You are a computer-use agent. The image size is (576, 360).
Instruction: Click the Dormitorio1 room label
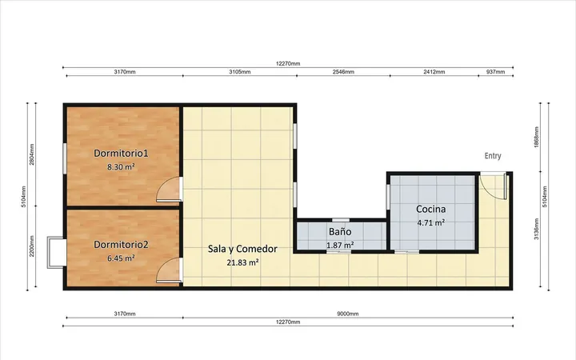tap(121, 153)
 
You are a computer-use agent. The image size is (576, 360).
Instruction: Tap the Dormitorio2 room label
tap(121, 244)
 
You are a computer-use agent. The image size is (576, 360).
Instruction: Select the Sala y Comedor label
tap(242, 249)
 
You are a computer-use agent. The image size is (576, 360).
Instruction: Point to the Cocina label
tap(431, 209)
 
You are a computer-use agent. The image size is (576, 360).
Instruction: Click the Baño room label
tap(340, 232)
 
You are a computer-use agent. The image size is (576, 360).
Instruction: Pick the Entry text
tap(493, 156)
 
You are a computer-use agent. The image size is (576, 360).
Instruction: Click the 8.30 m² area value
tap(121, 166)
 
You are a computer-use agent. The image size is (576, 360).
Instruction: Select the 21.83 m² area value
tap(242, 262)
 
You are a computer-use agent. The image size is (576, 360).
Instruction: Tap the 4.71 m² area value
tap(431, 222)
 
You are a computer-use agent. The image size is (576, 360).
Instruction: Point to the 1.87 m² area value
tap(340, 245)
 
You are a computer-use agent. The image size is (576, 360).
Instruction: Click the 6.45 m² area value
tap(121, 258)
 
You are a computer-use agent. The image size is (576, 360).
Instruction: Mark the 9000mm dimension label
tap(348, 314)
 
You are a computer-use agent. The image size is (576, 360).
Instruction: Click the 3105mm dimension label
tap(240, 72)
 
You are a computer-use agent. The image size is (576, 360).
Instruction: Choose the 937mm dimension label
tap(495, 72)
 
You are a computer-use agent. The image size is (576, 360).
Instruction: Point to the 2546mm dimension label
tap(343, 72)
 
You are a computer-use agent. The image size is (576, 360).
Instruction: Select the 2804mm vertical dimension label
tap(32, 154)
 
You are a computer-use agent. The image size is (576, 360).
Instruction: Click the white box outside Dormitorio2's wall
tap(56, 252)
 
